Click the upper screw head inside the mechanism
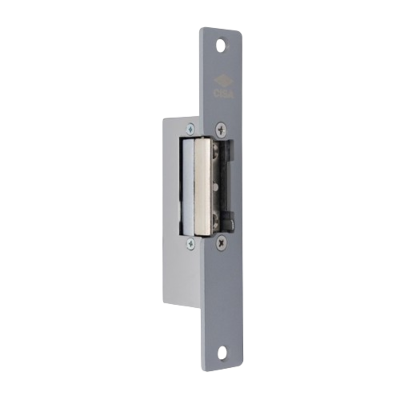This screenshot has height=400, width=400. pyautogui.click(x=216, y=151)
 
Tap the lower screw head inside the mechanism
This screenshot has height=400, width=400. pyautogui.click(x=217, y=218)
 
